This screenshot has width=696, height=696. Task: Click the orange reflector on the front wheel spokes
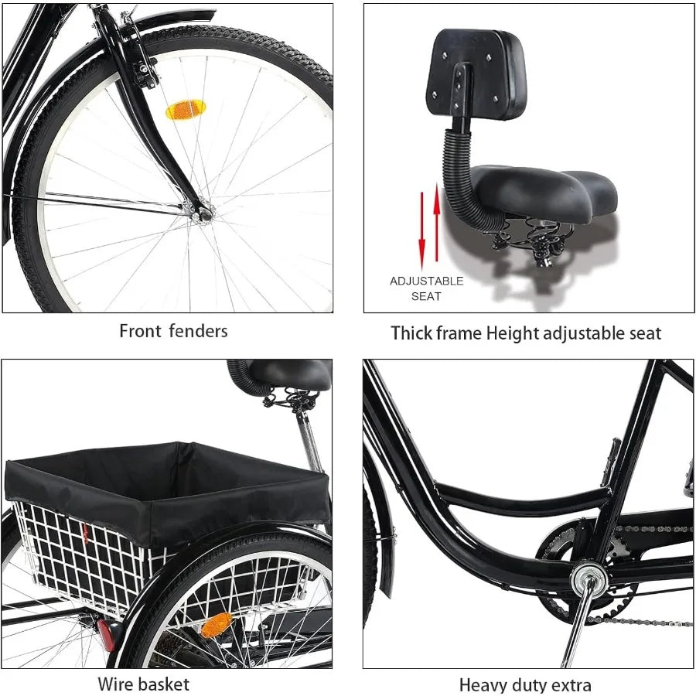(x=186, y=110)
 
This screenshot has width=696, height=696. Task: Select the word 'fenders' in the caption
(x=199, y=332)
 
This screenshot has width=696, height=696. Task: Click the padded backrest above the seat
(x=473, y=73)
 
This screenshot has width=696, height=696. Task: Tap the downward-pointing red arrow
(x=422, y=229)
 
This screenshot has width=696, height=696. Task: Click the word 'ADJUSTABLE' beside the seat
(x=426, y=281)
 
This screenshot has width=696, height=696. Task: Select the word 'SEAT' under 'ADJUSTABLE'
(x=426, y=296)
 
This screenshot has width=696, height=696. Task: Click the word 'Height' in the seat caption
(x=512, y=334)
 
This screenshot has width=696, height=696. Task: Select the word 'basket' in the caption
(x=163, y=684)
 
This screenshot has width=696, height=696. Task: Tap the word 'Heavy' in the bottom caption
(x=484, y=685)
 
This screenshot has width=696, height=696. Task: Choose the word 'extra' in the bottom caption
(x=571, y=685)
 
